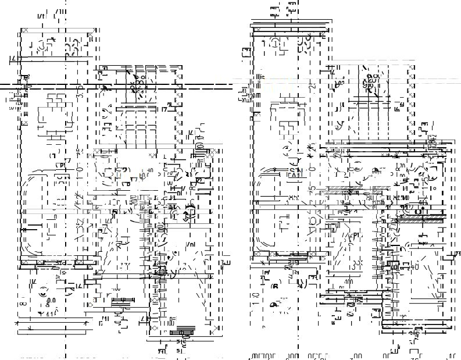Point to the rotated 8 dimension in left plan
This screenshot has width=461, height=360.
(22, 303)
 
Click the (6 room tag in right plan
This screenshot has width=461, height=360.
(275, 286)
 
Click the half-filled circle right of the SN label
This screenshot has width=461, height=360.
(376, 170)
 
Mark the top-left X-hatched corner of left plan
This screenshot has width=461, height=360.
(24, 31)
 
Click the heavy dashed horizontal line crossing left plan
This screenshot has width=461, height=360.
(116, 87)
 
